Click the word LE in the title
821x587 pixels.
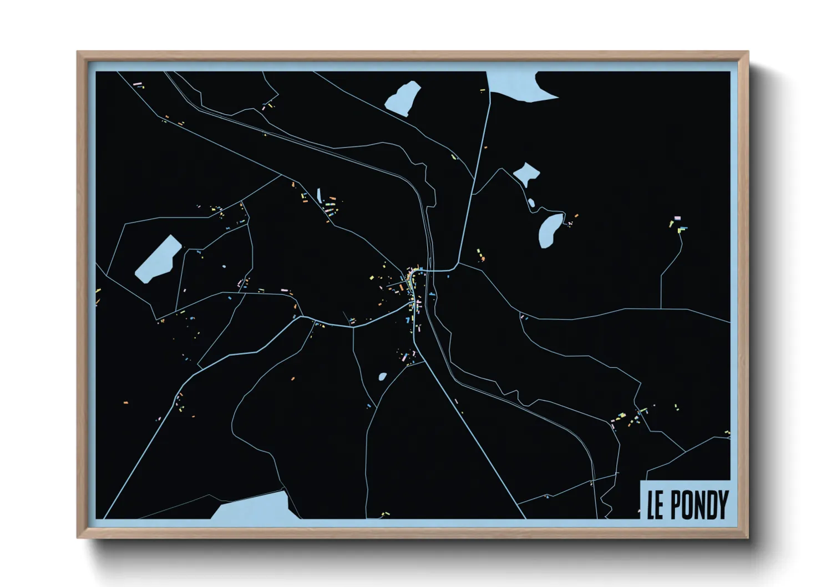click(x=655, y=504)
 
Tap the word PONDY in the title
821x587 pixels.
click(x=699, y=504)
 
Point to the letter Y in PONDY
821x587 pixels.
click(x=722, y=504)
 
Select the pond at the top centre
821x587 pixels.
click(x=403, y=98)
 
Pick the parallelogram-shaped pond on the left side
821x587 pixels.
click(x=159, y=259)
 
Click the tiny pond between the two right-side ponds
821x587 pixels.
click(x=531, y=203)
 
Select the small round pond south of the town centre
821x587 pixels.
click(x=382, y=377)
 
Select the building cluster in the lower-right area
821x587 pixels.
click(x=630, y=419)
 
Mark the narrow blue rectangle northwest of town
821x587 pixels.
click(x=319, y=195)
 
